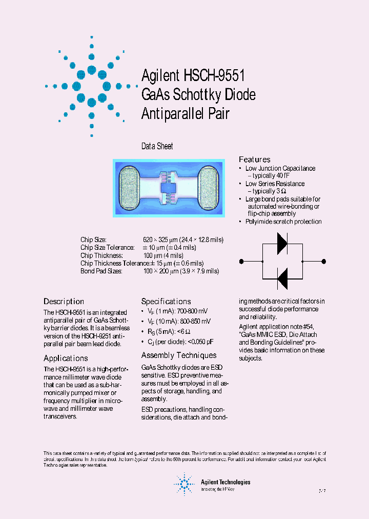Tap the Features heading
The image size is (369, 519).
[x=255, y=159]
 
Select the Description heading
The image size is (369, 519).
[x=64, y=302]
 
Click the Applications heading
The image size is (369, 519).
[x=66, y=358]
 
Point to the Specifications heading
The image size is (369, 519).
[x=166, y=302]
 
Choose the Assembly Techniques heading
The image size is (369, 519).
[x=179, y=355]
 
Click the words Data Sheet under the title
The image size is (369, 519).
[x=157, y=146]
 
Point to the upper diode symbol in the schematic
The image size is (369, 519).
[x=282, y=244]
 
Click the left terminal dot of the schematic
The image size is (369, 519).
[x=241, y=262]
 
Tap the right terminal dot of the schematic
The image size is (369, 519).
[x=322, y=262]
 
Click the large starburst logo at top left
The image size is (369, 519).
[x=91, y=86]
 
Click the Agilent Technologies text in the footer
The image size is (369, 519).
[x=225, y=482]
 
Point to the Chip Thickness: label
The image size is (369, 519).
[x=101, y=255]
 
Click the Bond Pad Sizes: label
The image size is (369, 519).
[x=101, y=271]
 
